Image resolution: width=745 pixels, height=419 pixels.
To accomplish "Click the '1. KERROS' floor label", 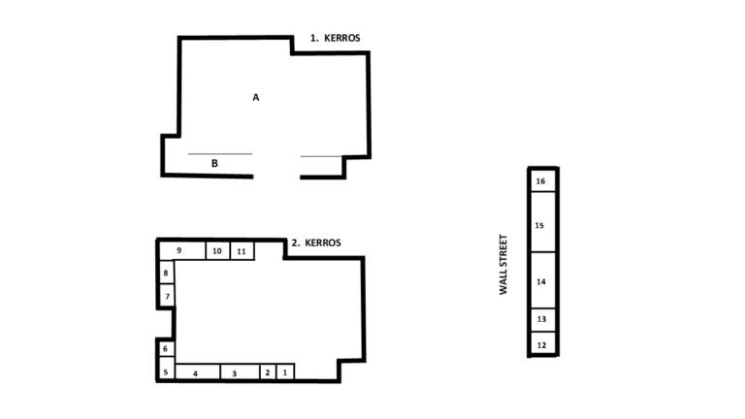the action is (335, 38).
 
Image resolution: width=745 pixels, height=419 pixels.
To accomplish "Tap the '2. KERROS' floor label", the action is (316, 242).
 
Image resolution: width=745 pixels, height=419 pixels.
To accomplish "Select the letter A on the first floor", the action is (256, 97).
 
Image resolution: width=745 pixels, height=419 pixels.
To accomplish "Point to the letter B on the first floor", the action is (214, 163).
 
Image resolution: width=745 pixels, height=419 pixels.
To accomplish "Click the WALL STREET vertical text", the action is (503, 265).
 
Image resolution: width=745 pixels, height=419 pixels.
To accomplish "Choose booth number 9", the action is (182, 250).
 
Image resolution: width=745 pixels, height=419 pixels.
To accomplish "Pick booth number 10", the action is (217, 251).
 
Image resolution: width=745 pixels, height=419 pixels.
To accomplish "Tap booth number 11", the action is (243, 251).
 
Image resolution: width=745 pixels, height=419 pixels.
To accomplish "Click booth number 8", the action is (166, 273).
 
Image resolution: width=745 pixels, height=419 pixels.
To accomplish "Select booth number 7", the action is (167, 297).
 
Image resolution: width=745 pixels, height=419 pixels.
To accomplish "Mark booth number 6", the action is (166, 349).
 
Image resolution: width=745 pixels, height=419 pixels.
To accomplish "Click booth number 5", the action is (166, 372).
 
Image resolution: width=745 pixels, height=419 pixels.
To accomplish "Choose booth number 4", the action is (198, 372).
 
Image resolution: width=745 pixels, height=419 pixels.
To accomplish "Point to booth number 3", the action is (240, 372).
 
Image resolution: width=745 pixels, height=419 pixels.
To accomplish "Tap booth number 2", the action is (268, 372).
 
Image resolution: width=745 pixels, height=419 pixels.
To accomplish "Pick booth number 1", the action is (285, 372).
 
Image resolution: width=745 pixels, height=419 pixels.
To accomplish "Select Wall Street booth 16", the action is (542, 181).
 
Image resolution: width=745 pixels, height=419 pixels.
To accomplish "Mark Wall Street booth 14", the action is (542, 280).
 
